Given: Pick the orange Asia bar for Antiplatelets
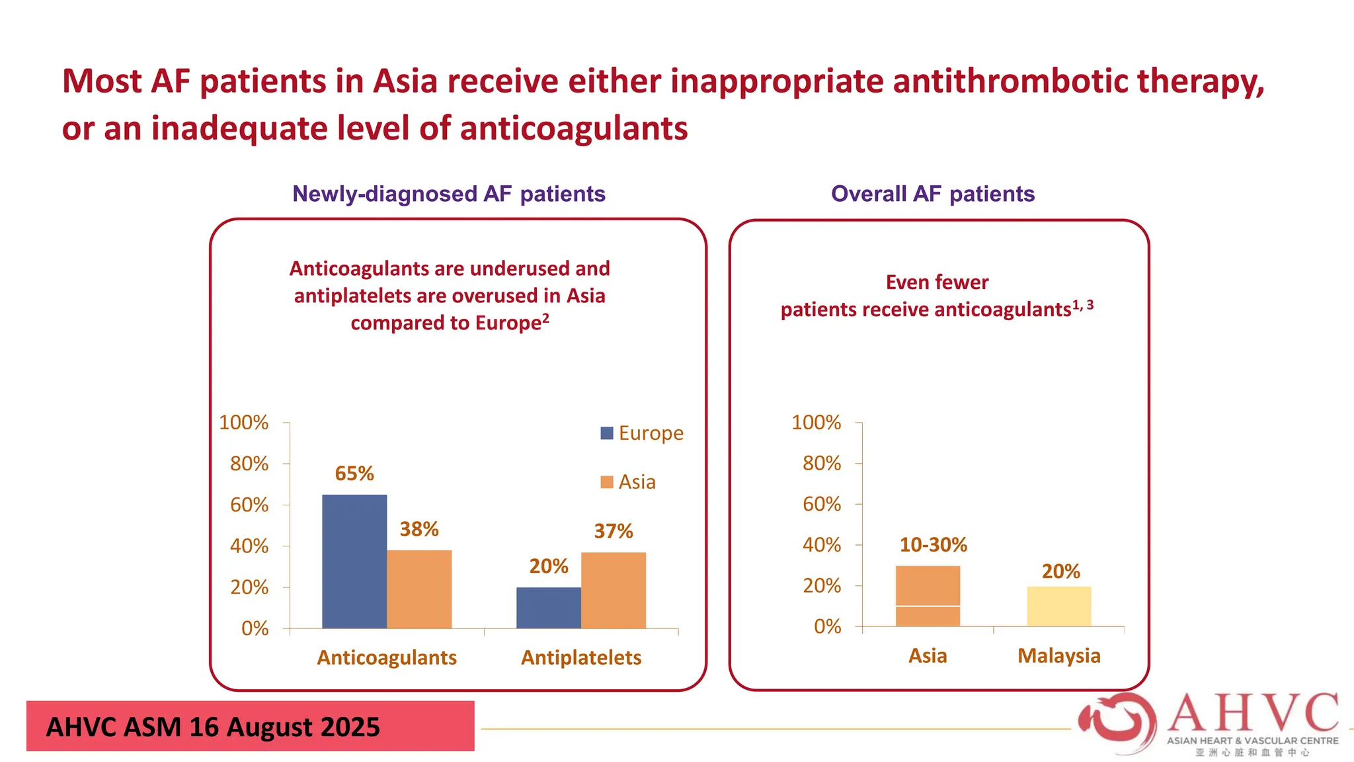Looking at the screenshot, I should pyautogui.click(x=614, y=590).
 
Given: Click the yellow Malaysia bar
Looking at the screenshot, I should pyautogui.click(x=1059, y=606).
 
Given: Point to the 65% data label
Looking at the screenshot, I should pyautogui.click(x=354, y=474).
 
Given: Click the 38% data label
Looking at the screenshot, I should pyautogui.click(x=419, y=529).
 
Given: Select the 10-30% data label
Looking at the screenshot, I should pyautogui.click(x=933, y=545).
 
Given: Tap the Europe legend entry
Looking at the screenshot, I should pyautogui.click(x=642, y=433).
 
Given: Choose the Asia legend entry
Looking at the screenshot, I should pyautogui.click(x=629, y=482).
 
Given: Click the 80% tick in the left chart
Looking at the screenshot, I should pyautogui.click(x=249, y=464).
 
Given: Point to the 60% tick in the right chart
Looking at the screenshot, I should pyautogui.click(x=822, y=504).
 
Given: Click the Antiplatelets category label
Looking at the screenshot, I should pyautogui.click(x=581, y=657).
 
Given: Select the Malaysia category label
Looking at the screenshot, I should pyautogui.click(x=1059, y=656).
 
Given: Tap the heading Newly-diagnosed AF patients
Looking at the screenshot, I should pyautogui.click(x=449, y=194).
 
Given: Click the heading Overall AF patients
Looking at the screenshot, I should pyautogui.click(x=933, y=194).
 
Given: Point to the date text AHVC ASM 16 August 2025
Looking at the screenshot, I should pyautogui.click(x=213, y=727).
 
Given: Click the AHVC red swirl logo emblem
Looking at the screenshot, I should pyautogui.click(x=1117, y=723).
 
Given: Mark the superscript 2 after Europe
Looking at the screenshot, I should pyautogui.click(x=546, y=318).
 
